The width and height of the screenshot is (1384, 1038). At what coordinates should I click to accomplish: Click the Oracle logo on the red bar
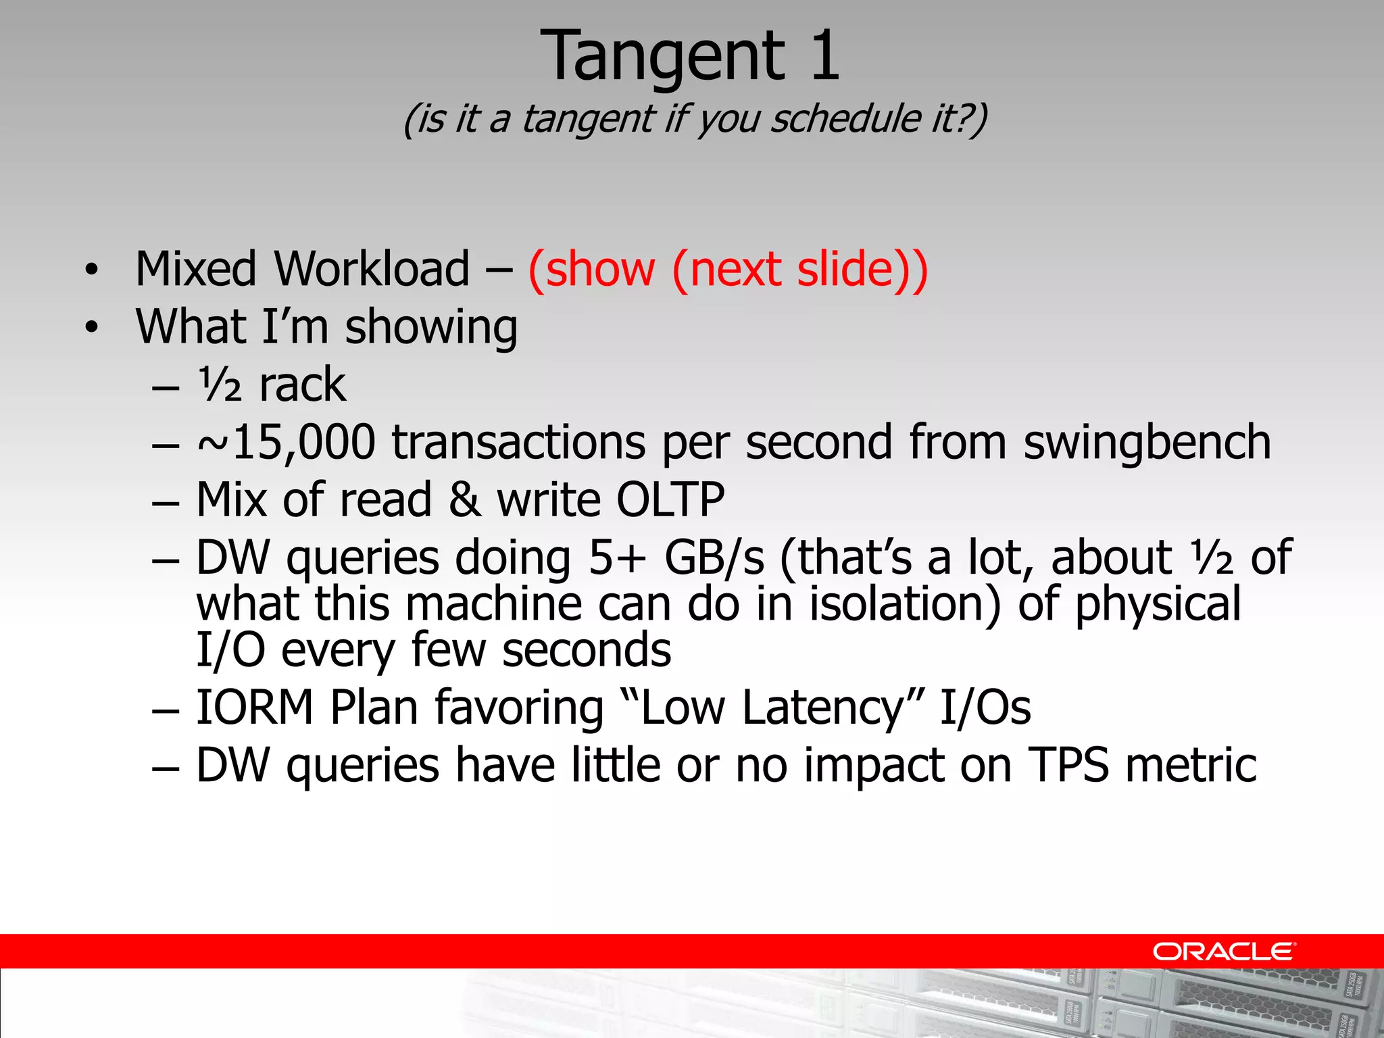1223,951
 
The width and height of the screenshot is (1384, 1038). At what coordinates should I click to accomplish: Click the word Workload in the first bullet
371,269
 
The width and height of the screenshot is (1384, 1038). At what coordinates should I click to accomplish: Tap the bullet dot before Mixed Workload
91,271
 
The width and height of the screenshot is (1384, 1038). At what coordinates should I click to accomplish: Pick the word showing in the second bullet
431,327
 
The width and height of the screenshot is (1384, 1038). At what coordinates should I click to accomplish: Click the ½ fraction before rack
220,385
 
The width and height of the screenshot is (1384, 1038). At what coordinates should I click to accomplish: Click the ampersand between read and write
464,500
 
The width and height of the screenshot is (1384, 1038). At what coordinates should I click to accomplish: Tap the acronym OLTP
670,500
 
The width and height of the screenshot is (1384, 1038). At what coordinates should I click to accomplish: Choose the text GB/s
714,558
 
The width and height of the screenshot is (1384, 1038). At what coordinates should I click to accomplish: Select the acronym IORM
255,708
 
